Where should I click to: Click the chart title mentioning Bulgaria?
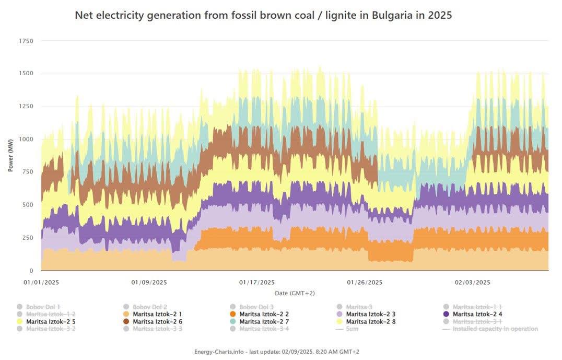[263, 15]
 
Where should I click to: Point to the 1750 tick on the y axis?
[26, 41]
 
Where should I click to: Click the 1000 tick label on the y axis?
[26, 139]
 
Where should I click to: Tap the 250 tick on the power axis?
[28, 238]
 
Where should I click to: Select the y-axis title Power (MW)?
[10, 156]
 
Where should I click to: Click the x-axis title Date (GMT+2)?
[295, 293]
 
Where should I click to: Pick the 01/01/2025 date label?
[41, 282]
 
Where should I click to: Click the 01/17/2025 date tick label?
[256, 282]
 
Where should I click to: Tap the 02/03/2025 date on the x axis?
[472, 282]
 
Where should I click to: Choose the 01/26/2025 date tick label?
[365, 282]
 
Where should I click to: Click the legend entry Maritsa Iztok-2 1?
[157, 314]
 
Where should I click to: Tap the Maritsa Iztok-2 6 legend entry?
[157, 321]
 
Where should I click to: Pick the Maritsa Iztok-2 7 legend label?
[264, 321]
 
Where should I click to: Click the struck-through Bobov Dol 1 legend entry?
[44, 307]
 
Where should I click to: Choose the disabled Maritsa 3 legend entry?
[359, 307]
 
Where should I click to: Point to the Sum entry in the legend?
[352, 329]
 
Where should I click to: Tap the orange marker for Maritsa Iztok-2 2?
[233, 314]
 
